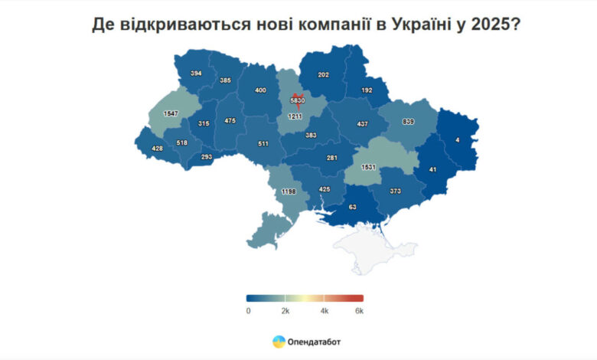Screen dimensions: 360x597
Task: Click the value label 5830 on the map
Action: coord(298,100)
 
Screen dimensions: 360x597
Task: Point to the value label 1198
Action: coord(288,191)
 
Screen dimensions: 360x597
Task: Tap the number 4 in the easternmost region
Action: coord(457,140)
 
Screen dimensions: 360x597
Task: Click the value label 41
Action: coord(433,170)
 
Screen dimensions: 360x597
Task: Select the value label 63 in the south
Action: coord(353,206)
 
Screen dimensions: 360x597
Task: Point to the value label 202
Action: coord(323,75)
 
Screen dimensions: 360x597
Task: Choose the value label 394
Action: coord(196,74)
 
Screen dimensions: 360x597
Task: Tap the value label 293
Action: coord(206,157)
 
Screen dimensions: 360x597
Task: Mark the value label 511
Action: coord(263,142)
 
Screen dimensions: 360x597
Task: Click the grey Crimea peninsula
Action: coord(367,245)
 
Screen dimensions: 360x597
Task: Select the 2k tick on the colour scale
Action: coord(285,311)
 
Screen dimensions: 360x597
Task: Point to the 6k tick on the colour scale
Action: coord(359,311)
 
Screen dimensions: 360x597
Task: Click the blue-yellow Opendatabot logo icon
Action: coord(279,342)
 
